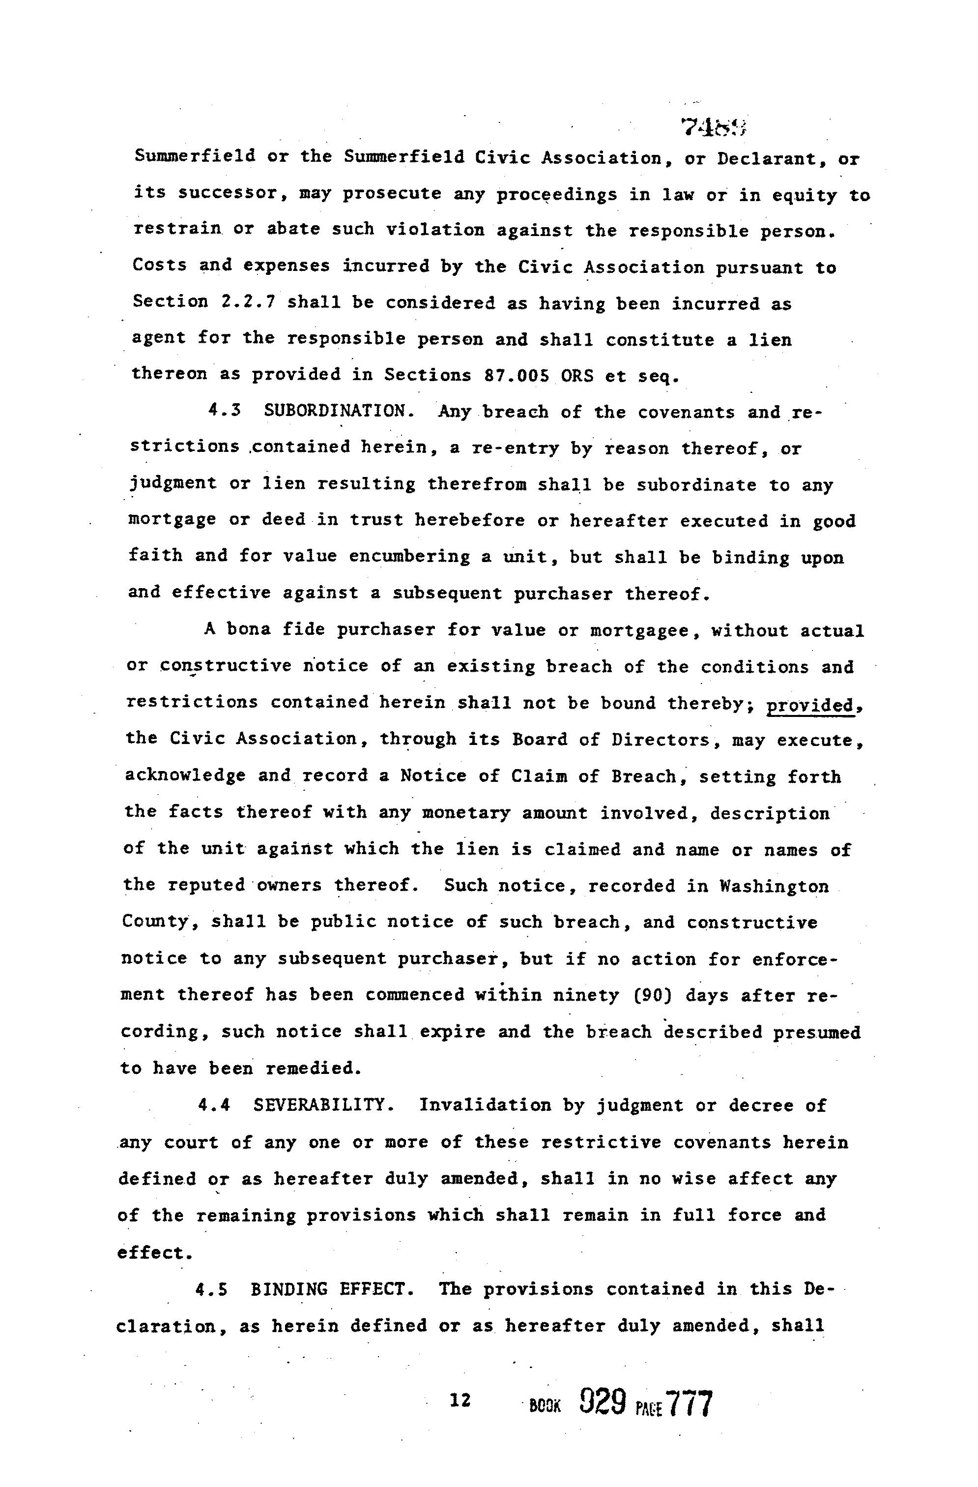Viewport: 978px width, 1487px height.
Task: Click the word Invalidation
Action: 485,1106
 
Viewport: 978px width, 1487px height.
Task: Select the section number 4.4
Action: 213,1106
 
